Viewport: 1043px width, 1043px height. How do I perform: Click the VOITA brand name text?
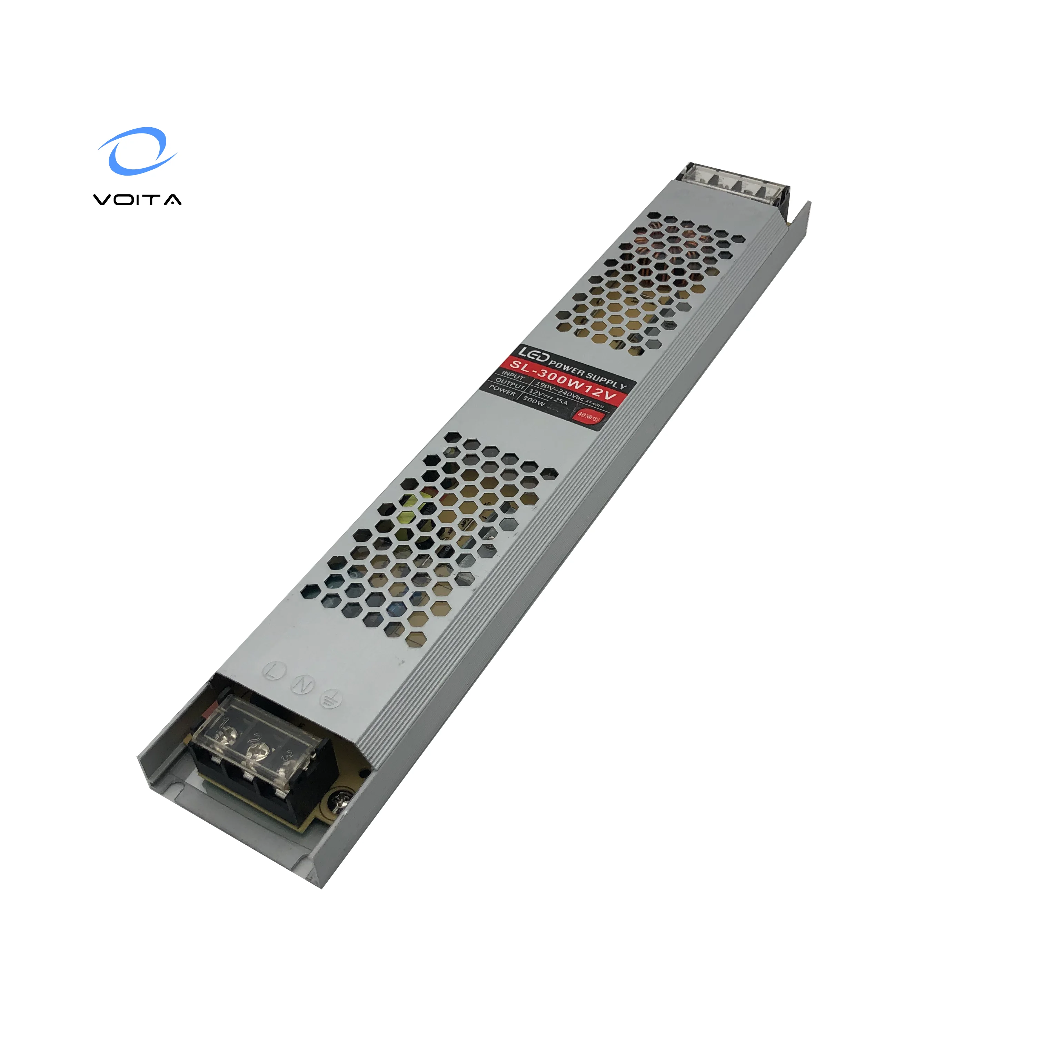pos(138,200)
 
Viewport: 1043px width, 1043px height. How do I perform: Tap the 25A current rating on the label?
pos(560,401)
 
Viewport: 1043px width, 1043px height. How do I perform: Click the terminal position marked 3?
pos(288,765)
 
